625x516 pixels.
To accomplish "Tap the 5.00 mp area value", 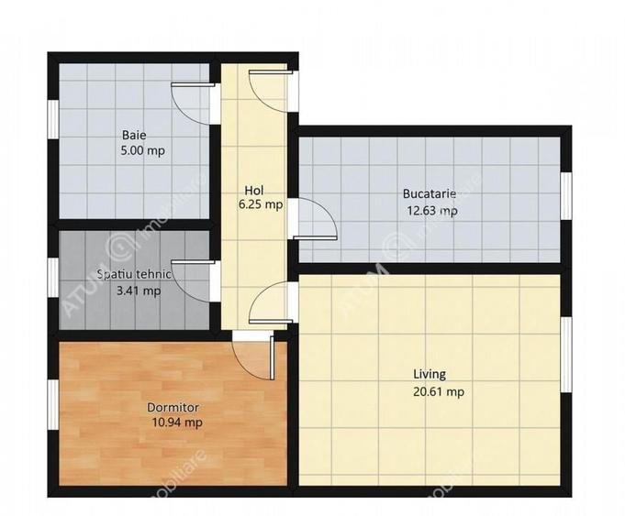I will [142, 151].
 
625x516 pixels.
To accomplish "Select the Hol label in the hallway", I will [254, 190].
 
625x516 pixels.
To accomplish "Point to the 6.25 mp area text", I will [260, 205].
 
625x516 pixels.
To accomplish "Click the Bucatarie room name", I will [429, 194].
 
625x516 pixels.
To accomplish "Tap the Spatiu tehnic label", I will [135, 274].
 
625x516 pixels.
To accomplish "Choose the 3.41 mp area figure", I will [138, 291].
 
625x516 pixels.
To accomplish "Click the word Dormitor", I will [173, 407].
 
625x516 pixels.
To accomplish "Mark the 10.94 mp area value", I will [177, 423].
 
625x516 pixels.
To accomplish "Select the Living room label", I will [429, 374].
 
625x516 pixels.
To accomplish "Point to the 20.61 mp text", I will [438, 391].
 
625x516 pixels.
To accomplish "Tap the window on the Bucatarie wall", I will [566, 195].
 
